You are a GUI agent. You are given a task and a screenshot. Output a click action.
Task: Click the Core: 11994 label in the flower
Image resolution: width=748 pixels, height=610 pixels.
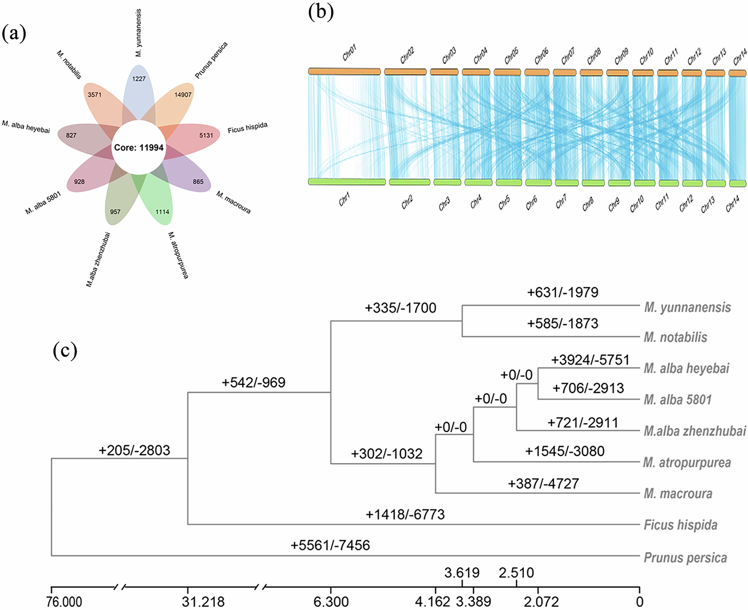tap(139, 148)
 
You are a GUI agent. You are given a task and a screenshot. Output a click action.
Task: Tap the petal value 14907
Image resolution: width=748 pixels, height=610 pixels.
tap(183, 95)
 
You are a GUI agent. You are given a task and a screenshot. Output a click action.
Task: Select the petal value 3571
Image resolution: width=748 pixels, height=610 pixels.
tap(95, 95)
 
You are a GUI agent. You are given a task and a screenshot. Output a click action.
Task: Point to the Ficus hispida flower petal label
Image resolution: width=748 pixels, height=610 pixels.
tap(247, 128)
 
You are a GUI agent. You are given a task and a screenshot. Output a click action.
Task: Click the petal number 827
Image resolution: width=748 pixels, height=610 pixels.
tap(71, 135)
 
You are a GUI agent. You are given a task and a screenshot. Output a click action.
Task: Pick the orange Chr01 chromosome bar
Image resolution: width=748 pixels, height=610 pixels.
tap(344, 71)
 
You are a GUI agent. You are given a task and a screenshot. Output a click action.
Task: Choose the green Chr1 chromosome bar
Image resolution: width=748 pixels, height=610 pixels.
tap(347, 182)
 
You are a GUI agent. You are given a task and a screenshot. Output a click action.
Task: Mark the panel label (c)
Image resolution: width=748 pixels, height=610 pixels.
tap(65, 351)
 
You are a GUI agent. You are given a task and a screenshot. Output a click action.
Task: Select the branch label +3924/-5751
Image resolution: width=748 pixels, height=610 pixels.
tap(590, 360)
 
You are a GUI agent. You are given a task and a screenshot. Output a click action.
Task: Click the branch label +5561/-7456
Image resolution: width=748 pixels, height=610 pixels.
tap(330, 545)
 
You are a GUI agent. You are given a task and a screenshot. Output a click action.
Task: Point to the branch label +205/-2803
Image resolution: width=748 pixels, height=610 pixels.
tap(134, 450)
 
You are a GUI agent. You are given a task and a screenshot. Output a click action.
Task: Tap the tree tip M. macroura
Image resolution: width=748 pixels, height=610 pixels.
tap(678, 494)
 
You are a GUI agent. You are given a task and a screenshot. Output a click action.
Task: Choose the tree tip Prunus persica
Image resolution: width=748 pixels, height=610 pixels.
tap(685, 558)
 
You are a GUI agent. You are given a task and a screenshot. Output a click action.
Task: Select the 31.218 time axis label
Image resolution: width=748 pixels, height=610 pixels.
tap(203, 602)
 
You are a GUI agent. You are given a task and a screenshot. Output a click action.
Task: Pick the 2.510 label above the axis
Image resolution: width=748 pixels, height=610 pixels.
tap(516, 573)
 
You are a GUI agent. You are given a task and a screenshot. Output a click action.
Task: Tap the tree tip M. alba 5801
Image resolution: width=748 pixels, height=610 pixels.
tap(677, 400)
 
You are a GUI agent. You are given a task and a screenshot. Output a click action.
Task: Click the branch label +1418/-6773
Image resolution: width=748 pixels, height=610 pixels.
tap(405, 515)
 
